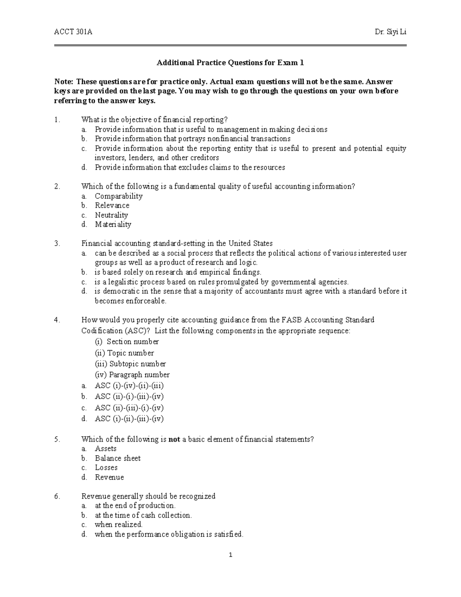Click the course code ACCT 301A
tap(73, 32)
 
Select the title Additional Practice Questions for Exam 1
tap(230, 63)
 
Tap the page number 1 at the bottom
tap(230, 555)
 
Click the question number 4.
tap(57, 320)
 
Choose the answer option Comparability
tap(118, 196)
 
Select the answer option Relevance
tap(112, 206)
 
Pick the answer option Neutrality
tap(111, 215)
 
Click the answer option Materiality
tap(113, 224)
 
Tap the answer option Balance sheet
tap(118, 458)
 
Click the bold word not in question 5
tap(174, 439)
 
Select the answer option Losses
tap(106, 468)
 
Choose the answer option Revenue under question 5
tap(109, 477)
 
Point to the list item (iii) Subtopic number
tap(130, 364)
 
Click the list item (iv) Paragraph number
tap(132, 375)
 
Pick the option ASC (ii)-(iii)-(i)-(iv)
tap(129, 408)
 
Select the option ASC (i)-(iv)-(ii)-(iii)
tap(129, 386)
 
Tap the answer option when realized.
tap(118, 525)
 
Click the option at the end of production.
tap(135, 506)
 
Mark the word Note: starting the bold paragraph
tap(63, 81)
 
